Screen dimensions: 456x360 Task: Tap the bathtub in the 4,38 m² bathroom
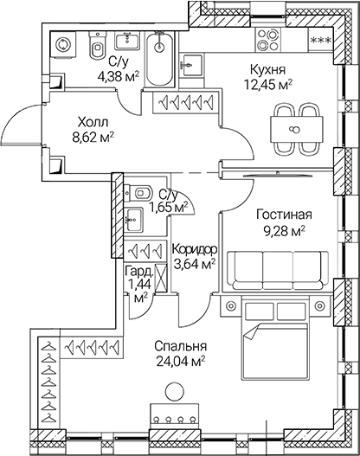(x=158, y=55)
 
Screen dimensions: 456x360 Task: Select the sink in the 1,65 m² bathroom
(x=133, y=217)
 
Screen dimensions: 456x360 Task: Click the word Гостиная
(x=283, y=215)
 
